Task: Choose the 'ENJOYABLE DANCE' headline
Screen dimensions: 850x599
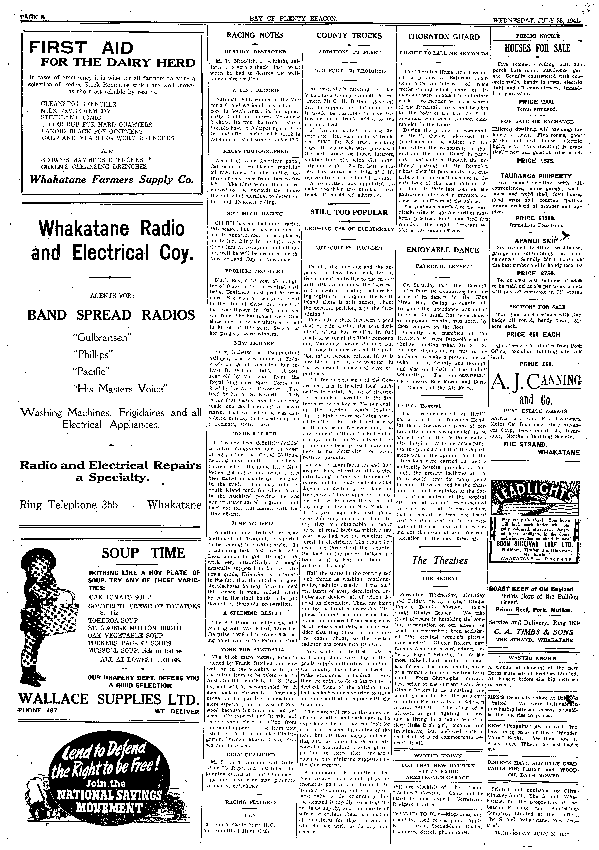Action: pyautogui.click(x=443, y=250)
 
